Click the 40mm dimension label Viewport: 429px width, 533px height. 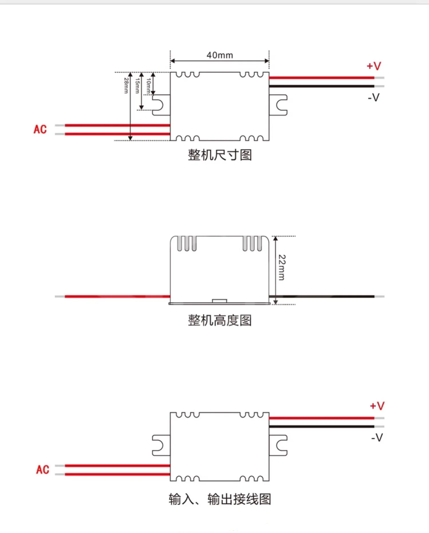point(220,55)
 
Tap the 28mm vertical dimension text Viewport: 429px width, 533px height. point(126,85)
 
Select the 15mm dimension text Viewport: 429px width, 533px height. point(137,86)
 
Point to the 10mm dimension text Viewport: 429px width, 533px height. point(148,86)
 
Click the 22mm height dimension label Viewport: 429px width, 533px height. point(282,267)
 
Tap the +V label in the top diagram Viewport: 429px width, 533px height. point(374,66)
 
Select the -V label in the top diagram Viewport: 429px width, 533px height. point(374,98)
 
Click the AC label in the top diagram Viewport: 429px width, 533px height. point(40,129)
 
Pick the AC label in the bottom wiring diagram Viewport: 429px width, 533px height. point(43,470)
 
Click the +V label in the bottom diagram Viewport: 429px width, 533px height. point(377,406)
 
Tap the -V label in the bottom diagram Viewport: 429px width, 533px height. point(377,438)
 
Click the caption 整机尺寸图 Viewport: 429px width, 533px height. point(220,155)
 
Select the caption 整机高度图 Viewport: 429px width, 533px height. point(220,320)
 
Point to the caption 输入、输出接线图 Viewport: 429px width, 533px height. point(220,499)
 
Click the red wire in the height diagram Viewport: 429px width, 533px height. point(117,296)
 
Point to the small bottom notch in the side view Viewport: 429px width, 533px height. point(219,301)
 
